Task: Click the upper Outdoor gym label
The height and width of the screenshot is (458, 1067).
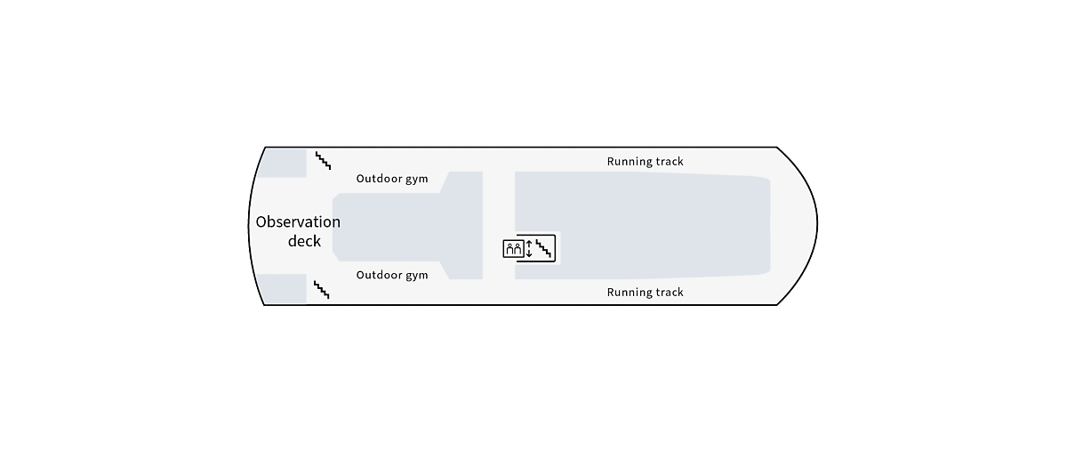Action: coord(392,179)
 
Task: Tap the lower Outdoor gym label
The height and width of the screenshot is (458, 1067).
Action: coord(392,275)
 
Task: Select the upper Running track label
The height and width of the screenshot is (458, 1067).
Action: coord(645,162)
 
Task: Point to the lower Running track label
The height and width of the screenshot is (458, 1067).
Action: coord(645,293)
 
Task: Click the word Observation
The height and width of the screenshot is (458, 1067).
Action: coord(298,222)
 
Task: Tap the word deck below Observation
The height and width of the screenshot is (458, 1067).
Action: coord(304,241)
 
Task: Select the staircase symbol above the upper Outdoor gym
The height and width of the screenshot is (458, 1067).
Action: coord(323,161)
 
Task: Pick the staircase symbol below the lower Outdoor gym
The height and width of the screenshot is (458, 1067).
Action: coord(322,289)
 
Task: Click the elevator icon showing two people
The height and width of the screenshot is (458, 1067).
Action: coord(513,249)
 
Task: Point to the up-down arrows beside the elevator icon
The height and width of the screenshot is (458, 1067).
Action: coord(529,249)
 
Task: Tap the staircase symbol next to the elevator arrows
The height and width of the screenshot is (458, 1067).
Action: coord(543,249)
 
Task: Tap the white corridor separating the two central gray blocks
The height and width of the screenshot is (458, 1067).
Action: coord(498,205)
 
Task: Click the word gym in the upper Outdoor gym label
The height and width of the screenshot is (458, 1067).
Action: coord(416,179)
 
